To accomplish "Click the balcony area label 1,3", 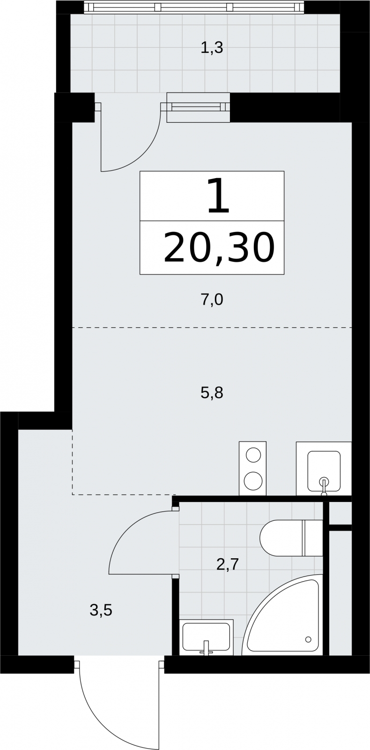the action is (212, 48).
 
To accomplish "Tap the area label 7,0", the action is (212, 300).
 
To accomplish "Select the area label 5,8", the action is (212, 392).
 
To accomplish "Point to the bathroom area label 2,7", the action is (228, 564).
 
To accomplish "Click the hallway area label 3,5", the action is (101, 610).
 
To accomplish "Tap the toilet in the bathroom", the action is (291, 538).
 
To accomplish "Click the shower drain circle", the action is (308, 639).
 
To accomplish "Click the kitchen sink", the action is (324, 471).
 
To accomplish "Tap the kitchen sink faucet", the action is (324, 486).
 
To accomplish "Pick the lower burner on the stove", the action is (253, 480).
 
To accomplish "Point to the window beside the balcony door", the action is (198, 107).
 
